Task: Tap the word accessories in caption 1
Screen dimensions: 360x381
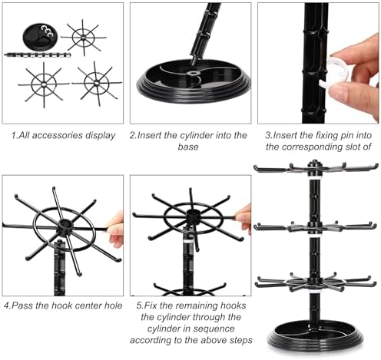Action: pyautogui.click(x=55, y=135)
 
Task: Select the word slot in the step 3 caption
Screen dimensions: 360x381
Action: pyautogui.click(x=346, y=147)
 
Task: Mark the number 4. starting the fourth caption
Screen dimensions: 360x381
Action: pyautogui.click(x=8, y=305)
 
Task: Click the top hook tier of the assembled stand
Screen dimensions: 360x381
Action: pyautogui.click(x=315, y=167)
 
